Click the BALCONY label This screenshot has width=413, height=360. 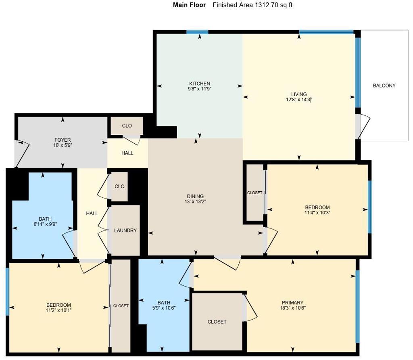click(x=384, y=86)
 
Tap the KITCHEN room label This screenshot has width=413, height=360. click(x=200, y=84)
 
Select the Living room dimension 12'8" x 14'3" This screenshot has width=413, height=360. click(x=299, y=100)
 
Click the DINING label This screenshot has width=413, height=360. click(x=195, y=197)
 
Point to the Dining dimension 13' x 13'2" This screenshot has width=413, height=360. click(x=195, y=202)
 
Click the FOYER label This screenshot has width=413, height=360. click(x=63, y=140)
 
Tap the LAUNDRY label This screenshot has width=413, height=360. click(x=125, y=230)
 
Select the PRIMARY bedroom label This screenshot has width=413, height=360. click(x=292, y=302)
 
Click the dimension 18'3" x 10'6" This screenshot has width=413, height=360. click(x=292, y=308)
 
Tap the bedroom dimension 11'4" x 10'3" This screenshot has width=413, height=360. click(x=317, y=213)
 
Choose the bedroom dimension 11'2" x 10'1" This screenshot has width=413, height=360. click(x=58, y=310)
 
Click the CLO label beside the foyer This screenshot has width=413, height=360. click(x=127, y=126)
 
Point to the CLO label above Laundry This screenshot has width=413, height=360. click(x=119, y=186)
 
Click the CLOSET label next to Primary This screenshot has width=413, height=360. click(x=217, y=322)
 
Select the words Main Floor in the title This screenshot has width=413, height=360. click(x=189, y=5)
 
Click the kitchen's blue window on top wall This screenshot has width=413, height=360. click(x=197, y=32)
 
